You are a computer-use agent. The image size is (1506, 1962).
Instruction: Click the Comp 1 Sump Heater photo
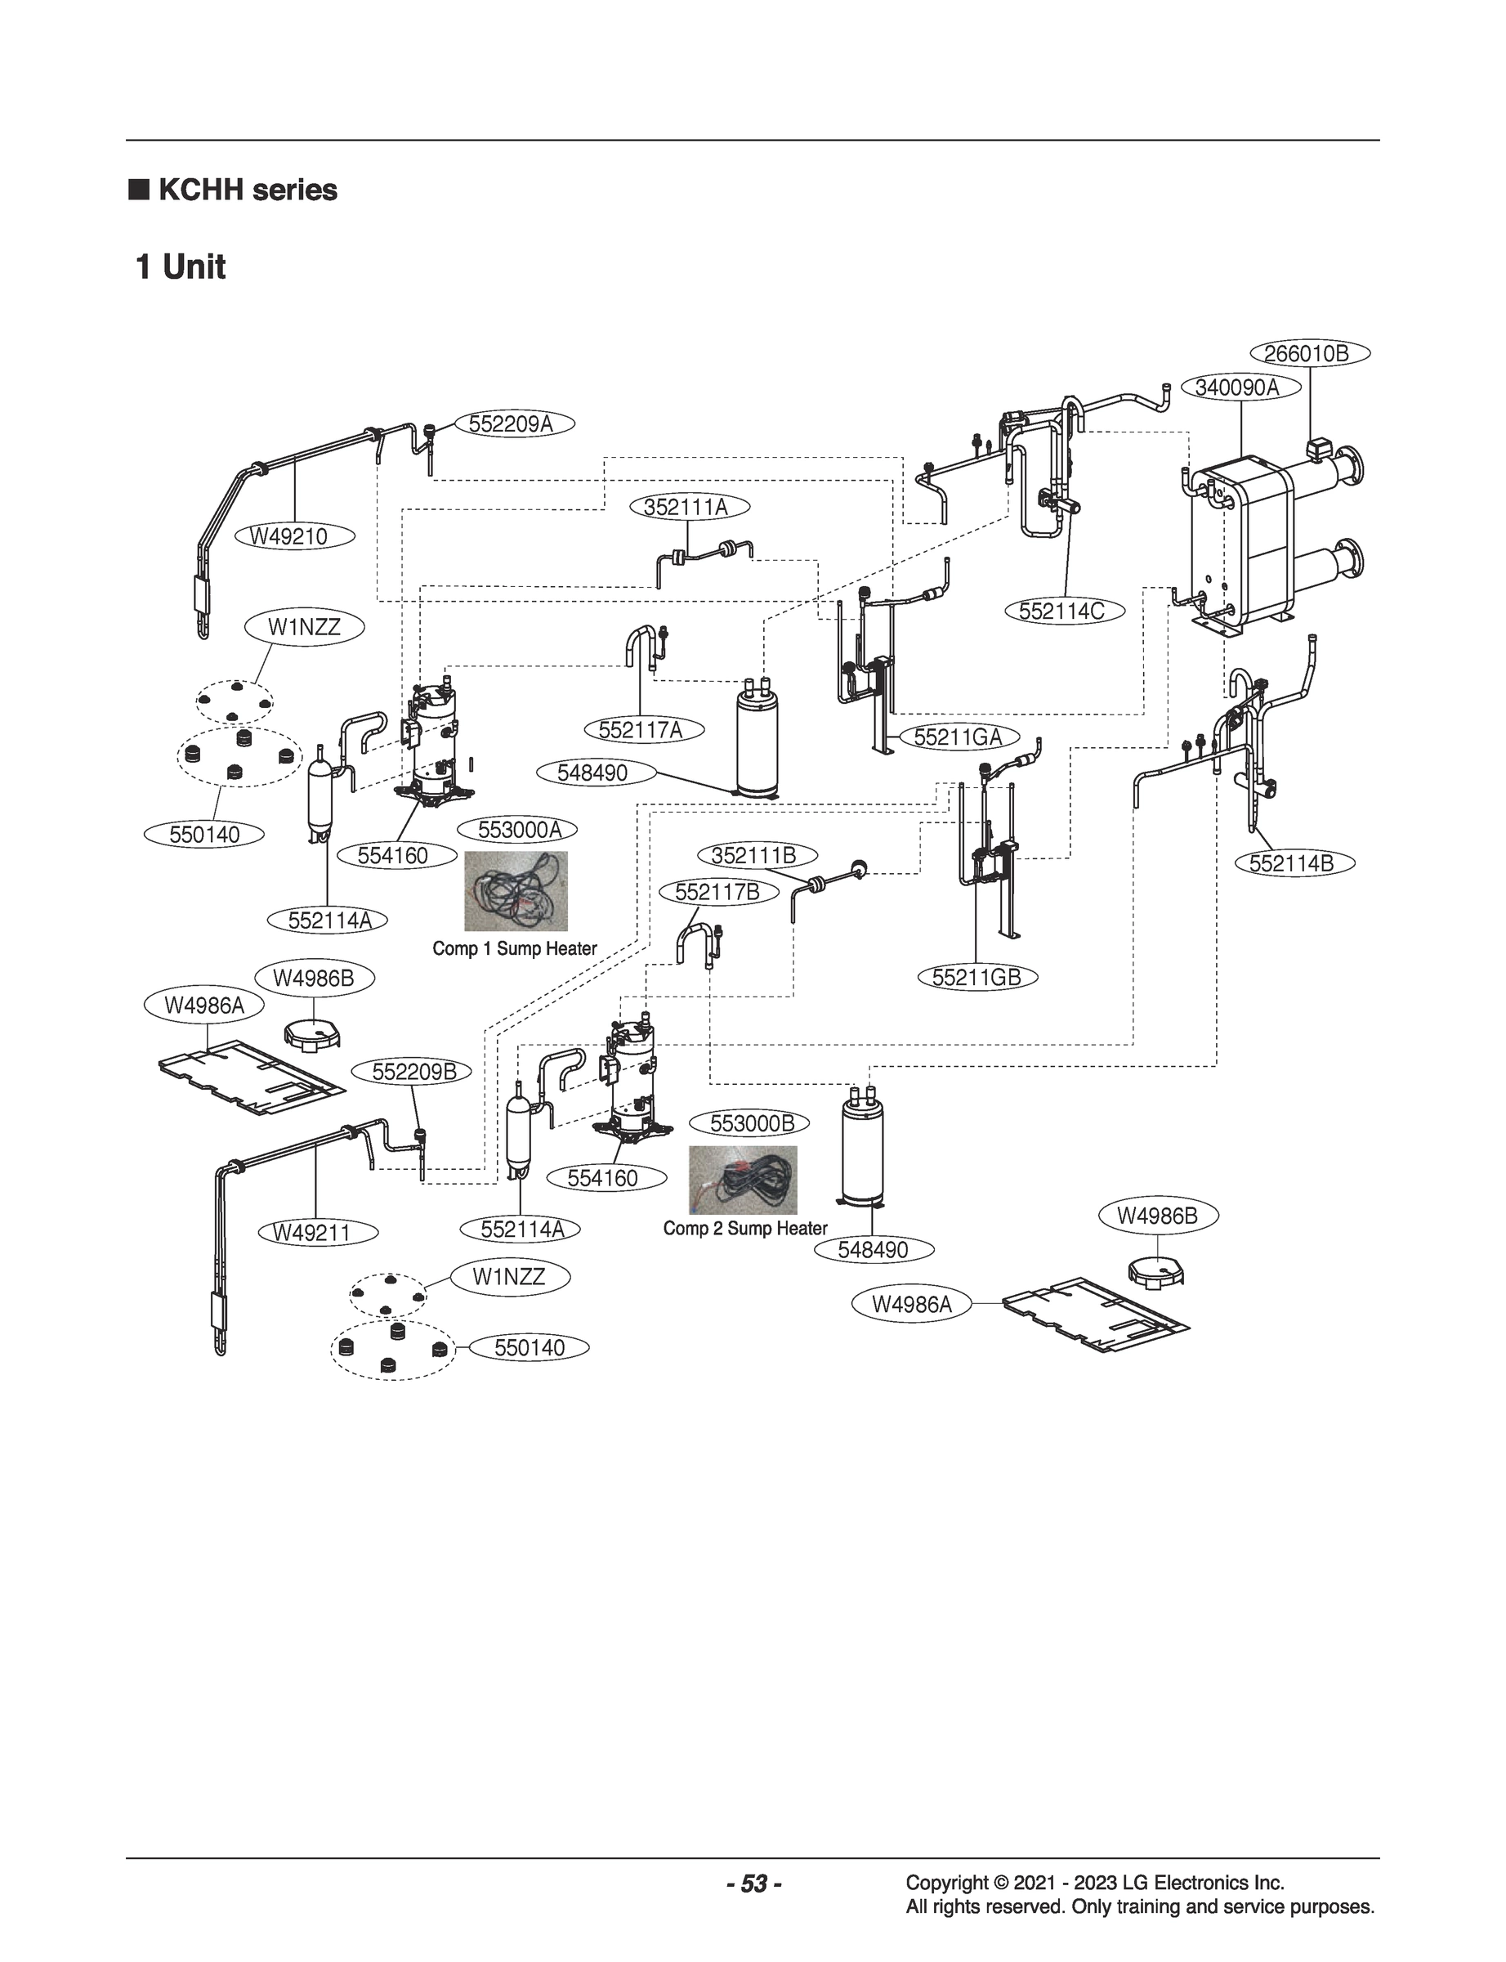tap(516, 890)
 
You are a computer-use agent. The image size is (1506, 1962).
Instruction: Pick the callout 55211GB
tap(976, 977)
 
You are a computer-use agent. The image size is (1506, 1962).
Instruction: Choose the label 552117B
tap(717, 892)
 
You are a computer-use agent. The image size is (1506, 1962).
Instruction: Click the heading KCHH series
tap(247, 190)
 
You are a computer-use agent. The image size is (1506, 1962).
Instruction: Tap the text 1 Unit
tap(181, 267)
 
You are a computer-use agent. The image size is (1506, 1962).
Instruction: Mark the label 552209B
tap(414, 1072)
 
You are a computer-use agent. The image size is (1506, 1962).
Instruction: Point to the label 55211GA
tap(958, 737)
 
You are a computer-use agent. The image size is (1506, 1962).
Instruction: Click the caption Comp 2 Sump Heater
tap(745, 1228)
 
